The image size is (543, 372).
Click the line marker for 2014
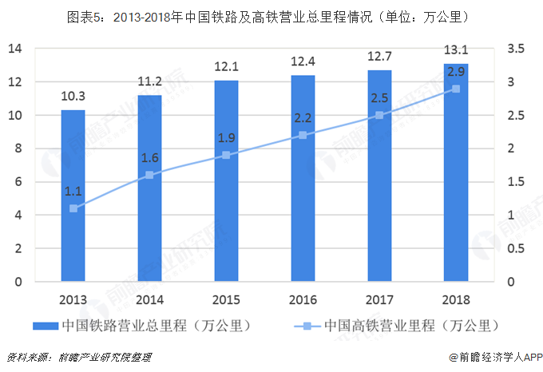(x=149, y=175)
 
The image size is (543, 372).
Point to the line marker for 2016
(x=303, y=135)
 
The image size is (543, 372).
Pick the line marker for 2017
(x=379, y=115)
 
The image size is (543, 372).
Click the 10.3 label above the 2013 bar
(x=73, y=97)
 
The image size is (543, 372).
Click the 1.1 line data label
(x=73, y=192)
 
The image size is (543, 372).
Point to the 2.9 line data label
(x=456, y=72)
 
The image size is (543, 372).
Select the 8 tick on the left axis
(x=18, y=148)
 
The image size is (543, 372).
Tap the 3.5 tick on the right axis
(x=515, y=49)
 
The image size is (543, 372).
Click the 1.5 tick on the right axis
(x=515, y=182)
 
